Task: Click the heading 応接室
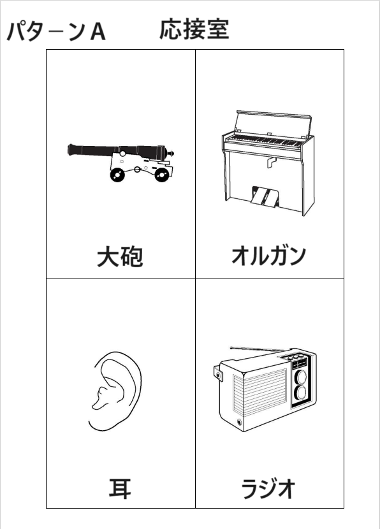194,30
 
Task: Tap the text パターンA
56,32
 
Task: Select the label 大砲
120,257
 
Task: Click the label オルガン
268,256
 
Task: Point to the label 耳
120,488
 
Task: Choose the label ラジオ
268,488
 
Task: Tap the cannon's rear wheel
162,175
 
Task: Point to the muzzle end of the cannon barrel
69,149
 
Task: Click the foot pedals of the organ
265,196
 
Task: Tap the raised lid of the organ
274,124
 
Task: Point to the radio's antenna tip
231,347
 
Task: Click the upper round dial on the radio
301,377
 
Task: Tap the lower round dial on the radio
301,393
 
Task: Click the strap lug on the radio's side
218,374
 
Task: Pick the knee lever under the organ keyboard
271,163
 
